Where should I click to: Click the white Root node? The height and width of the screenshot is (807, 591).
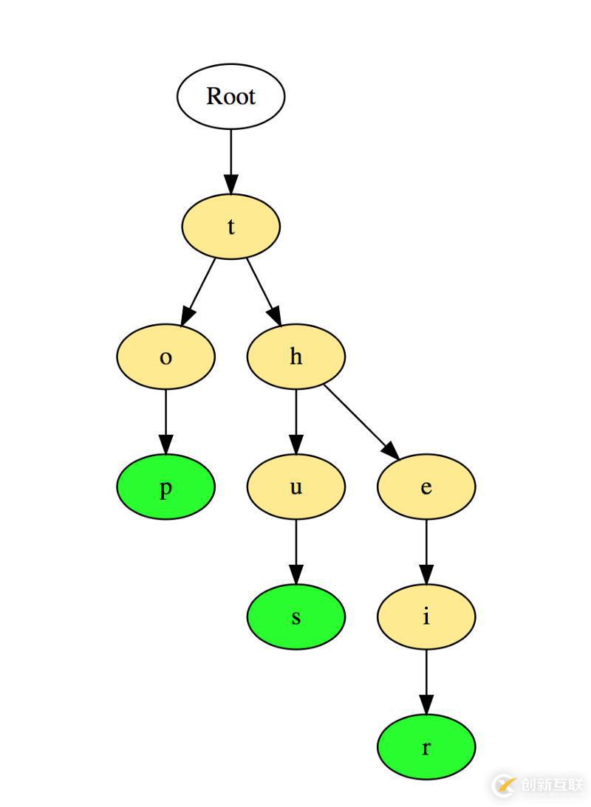click(x=230, y=96)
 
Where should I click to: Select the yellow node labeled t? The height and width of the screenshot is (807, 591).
click(x=230, y=227)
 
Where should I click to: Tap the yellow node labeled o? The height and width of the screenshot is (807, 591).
click(x=165, y=357)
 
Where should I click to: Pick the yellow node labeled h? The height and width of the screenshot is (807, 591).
click(x=295, y=357)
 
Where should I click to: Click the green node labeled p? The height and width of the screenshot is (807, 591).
click(x=165, y=487)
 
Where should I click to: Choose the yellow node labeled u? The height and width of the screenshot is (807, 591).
click(x=295, y=487)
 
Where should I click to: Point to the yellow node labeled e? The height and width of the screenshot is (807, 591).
click(x=426, y=487)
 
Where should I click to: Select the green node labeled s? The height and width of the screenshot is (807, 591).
click(x=295, y=617)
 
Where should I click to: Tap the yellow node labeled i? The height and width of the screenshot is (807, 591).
click(x=426, y=617)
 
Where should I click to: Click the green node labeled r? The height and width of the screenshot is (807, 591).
click(x=426, y=747)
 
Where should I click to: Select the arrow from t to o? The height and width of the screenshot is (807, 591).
click(x=198, y=292)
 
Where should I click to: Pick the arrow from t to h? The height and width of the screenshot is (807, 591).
click(x=264, y=292)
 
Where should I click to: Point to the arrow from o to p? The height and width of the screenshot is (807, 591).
click(x=165, y=422)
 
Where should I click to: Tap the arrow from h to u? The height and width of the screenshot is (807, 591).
click(x=295, y=422)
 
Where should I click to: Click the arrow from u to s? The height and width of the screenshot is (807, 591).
click(x=295, y=552)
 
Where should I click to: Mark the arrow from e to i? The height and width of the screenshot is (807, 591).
click(x=426, y=552)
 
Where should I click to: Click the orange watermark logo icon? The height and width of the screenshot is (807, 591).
click(x=504, y=785)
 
